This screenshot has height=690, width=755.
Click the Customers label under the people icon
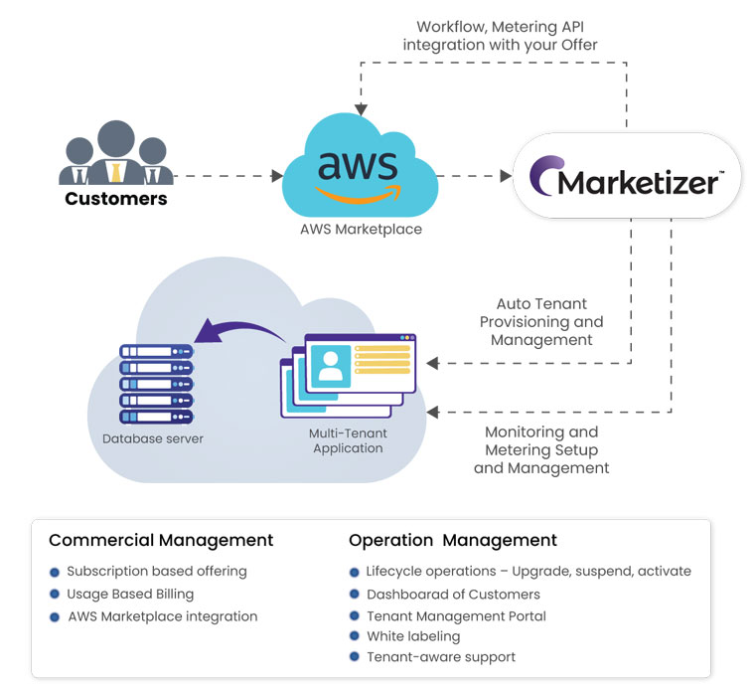click(116, 199)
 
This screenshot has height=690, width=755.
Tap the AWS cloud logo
click(357, 168)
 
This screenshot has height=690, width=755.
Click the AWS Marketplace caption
click(361, 230)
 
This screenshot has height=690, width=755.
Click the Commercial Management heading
click(161, 541)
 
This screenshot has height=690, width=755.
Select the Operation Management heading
click(453, 541)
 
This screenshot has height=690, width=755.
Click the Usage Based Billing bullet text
click(130, 594)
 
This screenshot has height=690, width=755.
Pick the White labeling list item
click(413, 635)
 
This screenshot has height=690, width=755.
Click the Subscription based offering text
click(157, 572)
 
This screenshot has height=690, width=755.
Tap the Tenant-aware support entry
click(441, 657)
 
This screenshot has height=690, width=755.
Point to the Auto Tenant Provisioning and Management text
click(540, 322)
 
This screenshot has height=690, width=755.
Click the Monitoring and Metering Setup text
click(541, 449)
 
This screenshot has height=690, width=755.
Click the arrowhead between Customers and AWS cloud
click(277, 176)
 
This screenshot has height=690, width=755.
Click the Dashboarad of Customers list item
click(453, 594)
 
